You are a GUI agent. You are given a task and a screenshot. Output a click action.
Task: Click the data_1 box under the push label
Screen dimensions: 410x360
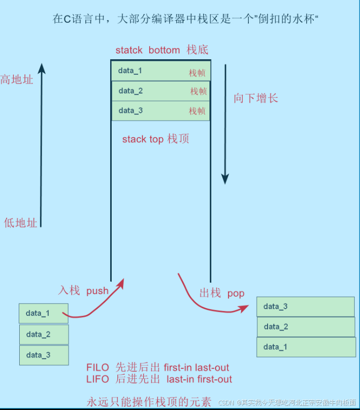tap(43, 313)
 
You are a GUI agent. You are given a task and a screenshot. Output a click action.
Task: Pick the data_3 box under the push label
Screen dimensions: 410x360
tap(44, 355)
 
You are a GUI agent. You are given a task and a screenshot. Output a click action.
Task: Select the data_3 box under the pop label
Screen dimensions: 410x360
tap(305, 307)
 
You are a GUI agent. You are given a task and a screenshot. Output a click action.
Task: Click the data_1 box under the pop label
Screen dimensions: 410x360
tap(305, 347)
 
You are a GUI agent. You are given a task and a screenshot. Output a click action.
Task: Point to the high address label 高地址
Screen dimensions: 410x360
tap(17, 80)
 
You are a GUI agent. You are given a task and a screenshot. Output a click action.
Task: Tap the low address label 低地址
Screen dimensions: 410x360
tap(21, 222)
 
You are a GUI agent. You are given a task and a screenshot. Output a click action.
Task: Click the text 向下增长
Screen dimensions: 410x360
tap(256, 98)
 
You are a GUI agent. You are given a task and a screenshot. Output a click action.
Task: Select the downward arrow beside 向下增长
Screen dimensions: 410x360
tap(225, 125)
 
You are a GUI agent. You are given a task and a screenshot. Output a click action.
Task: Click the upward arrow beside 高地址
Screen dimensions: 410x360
tap(41, 146)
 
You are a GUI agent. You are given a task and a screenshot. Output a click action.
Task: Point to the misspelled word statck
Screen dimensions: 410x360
tap(129, 50)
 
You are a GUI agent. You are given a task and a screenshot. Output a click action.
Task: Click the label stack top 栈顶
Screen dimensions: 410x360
tap(155, 139)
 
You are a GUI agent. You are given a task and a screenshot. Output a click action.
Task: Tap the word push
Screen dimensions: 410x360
tap(98, 290)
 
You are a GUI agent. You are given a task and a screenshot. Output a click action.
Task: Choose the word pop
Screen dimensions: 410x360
tap(235, 293)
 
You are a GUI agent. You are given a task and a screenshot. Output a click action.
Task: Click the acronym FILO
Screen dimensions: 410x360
tap(98, 368)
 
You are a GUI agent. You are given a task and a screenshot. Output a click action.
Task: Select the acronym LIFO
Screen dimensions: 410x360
tap(98, 379)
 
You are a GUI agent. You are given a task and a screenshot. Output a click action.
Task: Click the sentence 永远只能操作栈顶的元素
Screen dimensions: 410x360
tap(149, 401)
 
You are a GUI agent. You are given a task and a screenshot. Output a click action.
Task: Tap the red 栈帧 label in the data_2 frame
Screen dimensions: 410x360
tap(198, 91)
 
